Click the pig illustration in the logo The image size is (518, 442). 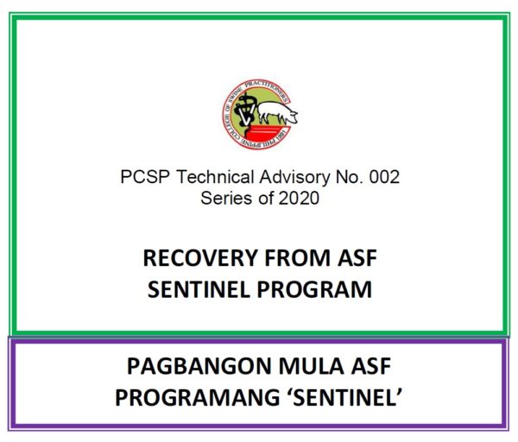(277, 112)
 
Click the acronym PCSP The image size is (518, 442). (145, 177)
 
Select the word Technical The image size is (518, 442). (215, 177)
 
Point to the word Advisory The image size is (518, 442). (294, 177)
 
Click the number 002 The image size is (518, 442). (384, 177)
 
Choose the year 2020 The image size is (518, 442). (300, 199)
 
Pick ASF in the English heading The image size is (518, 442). (357, 258)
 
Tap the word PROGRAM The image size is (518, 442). (314, 289)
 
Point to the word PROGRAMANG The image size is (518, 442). (198, 397)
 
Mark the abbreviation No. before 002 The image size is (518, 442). (349, 177)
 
